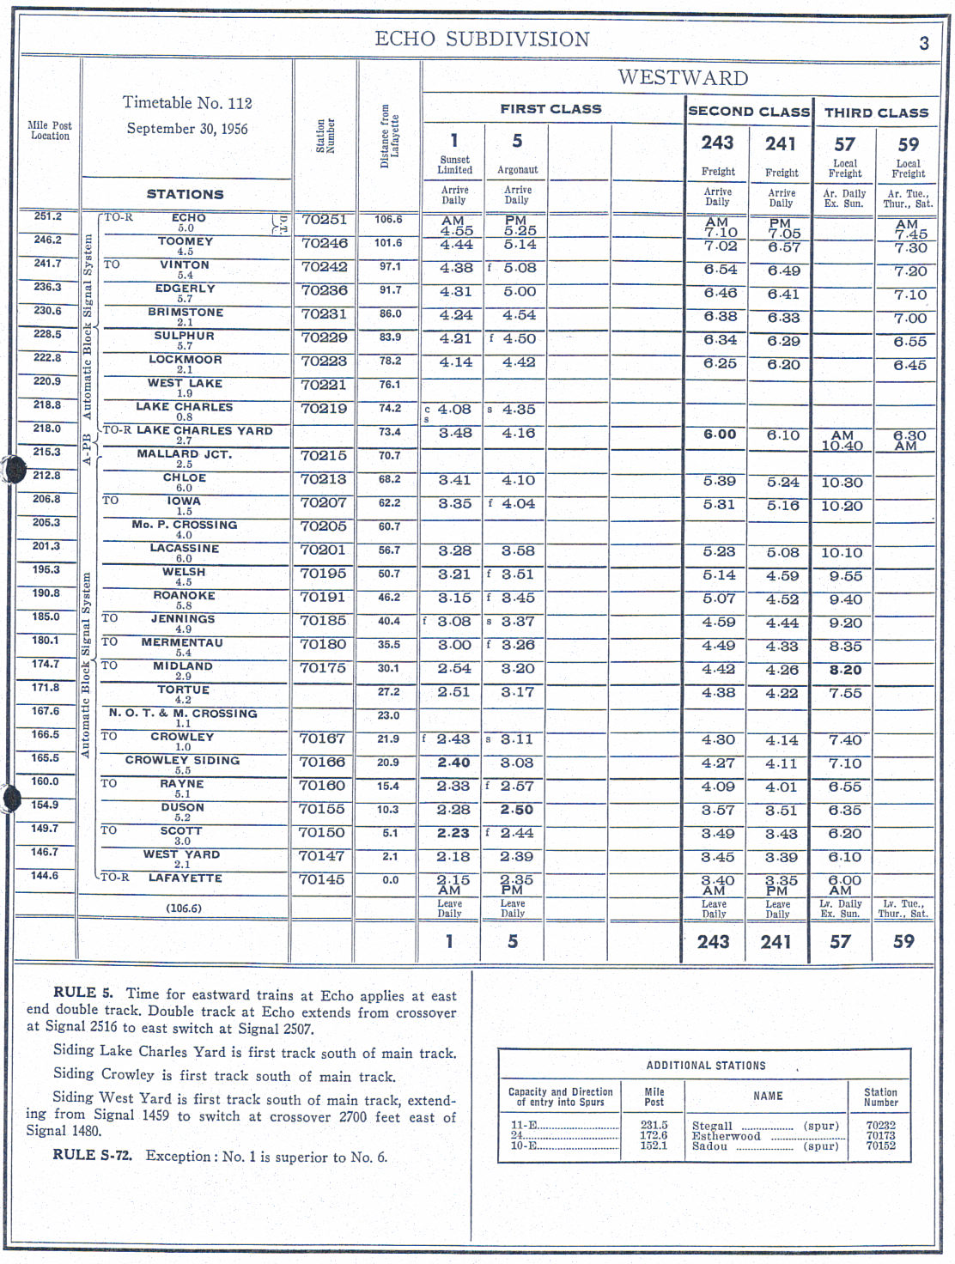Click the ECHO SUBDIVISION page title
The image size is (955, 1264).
tap(482, 39)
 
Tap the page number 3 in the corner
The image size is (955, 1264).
tap(924, 44)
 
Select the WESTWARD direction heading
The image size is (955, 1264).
tap(683, 78)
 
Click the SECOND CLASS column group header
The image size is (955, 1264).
tap(749, 112)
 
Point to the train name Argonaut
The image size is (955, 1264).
tap(517, 170)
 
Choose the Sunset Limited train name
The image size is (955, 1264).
tap(454, 165)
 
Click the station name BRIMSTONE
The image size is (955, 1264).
tap(186, 313)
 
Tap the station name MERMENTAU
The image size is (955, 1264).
tap(182, 642)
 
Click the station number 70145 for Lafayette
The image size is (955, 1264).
tap(321, 879)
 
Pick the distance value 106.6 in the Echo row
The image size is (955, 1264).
tap(388, 219)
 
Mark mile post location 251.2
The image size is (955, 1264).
tap(47, 216)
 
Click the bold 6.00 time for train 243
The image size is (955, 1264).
tap(720, 434)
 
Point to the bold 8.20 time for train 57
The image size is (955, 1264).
tap(845, 670)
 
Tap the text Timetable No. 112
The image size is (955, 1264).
tap(187, 103)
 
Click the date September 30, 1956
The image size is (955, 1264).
tap(187, 129)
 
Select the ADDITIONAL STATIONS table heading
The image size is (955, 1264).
tap(706, 1066)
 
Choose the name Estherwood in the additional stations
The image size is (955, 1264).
tap(727, 1136)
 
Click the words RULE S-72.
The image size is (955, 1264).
tap(93, 1155)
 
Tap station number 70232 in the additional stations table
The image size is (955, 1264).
tap(881, 1126)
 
